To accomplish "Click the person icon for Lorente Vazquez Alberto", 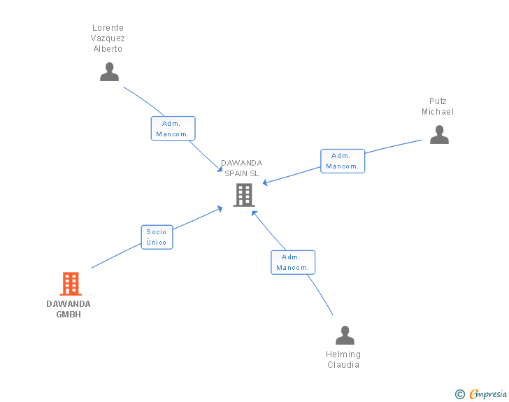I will (x=109, y=72).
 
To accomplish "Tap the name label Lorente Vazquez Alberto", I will (x=108, y=38).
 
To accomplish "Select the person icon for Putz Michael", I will (x=439, y=135).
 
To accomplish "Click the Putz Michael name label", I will (x=438, y=106).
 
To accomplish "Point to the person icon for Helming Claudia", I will (x=345, y=336).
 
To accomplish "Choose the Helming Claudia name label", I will (x=343, y=359).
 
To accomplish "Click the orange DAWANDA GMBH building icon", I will (x=70, y=284).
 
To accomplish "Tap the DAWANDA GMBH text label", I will (x=69, y=309).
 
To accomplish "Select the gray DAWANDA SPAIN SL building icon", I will (x=243, y=195).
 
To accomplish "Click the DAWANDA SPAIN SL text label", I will (x=242, y=168).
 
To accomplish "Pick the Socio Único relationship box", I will (x=157, y=237).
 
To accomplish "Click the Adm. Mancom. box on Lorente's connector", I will (x=173, y=129).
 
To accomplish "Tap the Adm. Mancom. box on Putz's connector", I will (x=343, y=161).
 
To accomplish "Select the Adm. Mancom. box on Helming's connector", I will (x=293, y=262).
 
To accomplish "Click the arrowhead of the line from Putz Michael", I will (x=265, y=185).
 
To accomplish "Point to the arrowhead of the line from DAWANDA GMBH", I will (x=220, y=208).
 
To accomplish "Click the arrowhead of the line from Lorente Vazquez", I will (x=220, y=170).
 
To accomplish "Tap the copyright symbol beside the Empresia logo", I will (x=459, y=394).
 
